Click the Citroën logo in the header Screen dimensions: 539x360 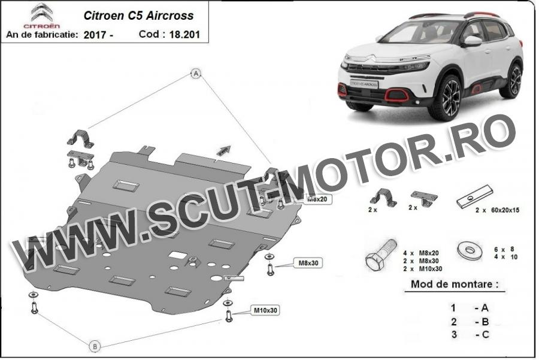[x=41, y=16]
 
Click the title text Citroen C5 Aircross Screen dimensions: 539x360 [x=138, y=16]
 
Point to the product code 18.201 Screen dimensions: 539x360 [x=184, y=34]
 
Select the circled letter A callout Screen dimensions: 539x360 [x=196, y=73]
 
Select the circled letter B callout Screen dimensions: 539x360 [x=95, y=346]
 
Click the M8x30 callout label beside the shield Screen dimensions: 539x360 [x=308, y=263]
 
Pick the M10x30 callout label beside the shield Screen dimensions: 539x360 [x=265, y=310]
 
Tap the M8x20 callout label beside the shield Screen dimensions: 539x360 [x=317, y=199]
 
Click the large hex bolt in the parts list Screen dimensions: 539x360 [x=381, y=256]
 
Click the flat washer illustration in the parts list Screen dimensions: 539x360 [x=469, y=251]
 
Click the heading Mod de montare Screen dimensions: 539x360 [x=455, y=285]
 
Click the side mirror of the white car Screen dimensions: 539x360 [x=472, y=41]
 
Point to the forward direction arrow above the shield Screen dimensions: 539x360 [x=223, y=150]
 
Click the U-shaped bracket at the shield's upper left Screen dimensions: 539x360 [x=80, y=139]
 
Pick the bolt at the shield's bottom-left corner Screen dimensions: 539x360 [x=34, y=307]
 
